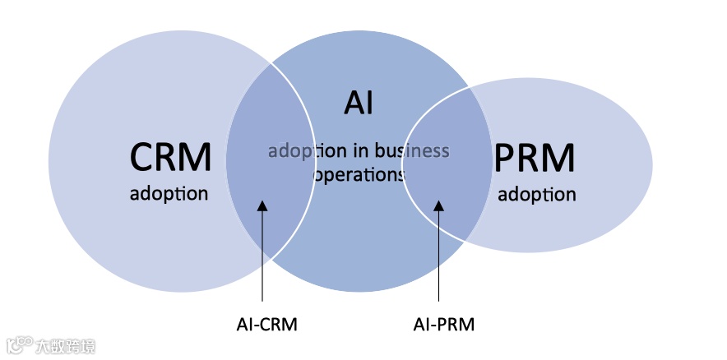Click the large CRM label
click(x=169, y=156)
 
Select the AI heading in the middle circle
click(x=359, y=104)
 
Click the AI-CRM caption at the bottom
click(x=262, y=324)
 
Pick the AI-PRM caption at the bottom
click(x=443, y=324)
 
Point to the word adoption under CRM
click(x=169, y=195)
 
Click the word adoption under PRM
click(x=536, y=195)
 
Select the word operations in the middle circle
click(x=359, y=175)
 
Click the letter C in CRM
click(x=141, y=156)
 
